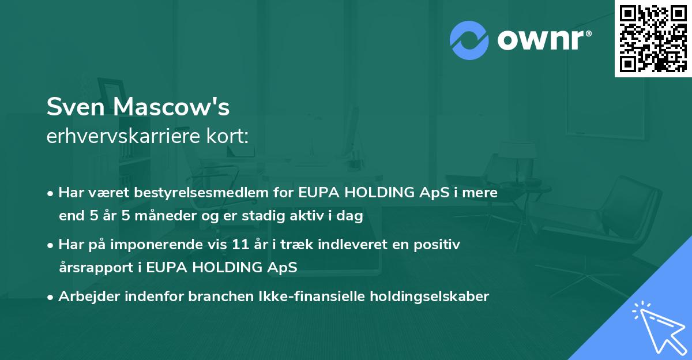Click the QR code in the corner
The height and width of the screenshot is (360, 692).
point(653,38)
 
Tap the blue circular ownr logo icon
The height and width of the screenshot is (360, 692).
point(469,40)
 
